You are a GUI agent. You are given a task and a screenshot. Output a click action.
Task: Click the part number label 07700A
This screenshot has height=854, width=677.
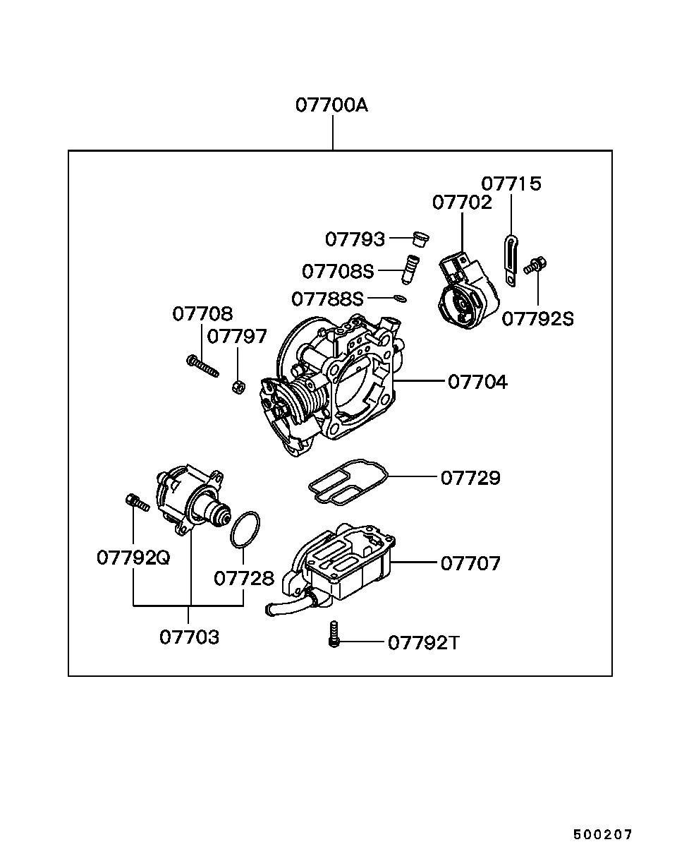(x=332, y=106)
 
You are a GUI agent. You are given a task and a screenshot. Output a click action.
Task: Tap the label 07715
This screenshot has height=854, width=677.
(x=511, y=184)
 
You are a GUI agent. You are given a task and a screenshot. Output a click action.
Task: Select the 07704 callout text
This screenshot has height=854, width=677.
(x=477, y=382)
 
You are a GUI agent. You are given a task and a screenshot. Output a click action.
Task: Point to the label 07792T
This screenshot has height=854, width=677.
(x=423, y=643)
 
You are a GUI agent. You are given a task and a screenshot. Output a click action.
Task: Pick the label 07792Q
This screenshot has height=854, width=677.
(x=133, y=558)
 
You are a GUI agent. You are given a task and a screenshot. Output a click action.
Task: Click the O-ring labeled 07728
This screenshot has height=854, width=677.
(x=245, y=530)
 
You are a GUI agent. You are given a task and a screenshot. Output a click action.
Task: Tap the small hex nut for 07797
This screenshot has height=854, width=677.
(x=238, y=387)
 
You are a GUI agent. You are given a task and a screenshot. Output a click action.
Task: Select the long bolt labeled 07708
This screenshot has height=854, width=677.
(x=202, y=366)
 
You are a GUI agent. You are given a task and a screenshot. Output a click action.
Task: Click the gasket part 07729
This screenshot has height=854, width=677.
(x=348, y=482)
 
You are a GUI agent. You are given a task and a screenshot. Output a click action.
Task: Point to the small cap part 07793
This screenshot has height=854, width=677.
(x=420, y=239)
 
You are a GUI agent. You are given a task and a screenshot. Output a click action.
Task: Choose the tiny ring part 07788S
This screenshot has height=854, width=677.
(x=401, y=298)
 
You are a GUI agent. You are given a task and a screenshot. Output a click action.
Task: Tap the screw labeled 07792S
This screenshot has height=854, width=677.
(x=535, y=265)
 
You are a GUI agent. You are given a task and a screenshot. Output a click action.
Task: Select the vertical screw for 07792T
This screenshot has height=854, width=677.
(x=334, y=635)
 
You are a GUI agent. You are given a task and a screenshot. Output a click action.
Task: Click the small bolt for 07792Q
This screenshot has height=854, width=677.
(x=138, y=503)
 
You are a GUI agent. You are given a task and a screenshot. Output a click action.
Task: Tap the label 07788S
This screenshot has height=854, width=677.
(x=327, y=299)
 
